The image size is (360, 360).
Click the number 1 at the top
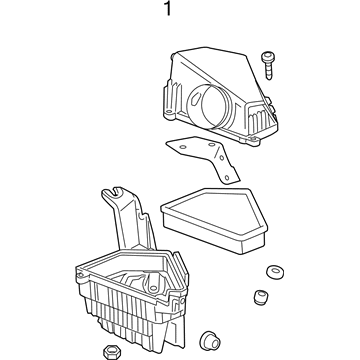(168, 9)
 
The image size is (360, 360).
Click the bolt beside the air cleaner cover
(268, 65)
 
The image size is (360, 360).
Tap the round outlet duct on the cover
(208, 105)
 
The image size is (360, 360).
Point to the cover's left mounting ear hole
(169, 112)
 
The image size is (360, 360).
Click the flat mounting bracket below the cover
(203, 157)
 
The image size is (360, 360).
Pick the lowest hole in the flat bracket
(227, 177)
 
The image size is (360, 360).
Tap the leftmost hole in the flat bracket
(182, 147)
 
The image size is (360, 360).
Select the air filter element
(214, 220)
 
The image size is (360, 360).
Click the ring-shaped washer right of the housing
(275, 272)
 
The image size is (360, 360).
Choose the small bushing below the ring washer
(261, 297)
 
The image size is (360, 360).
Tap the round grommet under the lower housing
(210, 340)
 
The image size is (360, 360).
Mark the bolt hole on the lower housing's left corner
(80, 275)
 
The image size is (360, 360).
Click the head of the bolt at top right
(267, 56)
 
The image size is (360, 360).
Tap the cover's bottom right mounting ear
(253, 141)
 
